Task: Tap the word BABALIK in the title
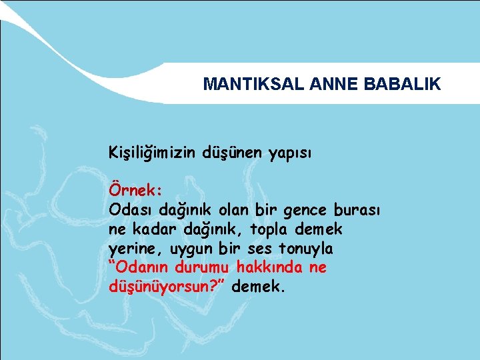403,84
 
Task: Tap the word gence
304,211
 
